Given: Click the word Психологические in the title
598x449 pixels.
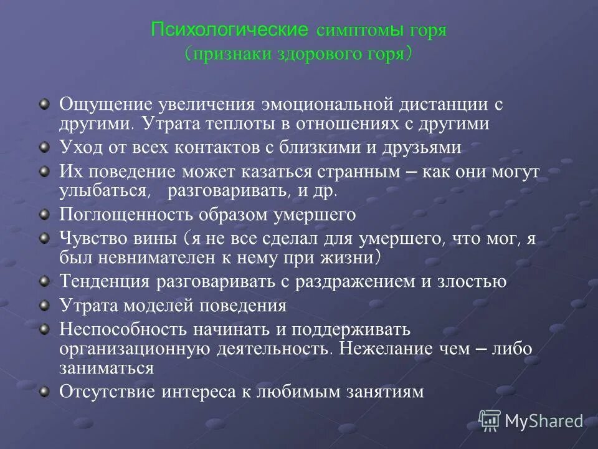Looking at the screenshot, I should coord(230,30).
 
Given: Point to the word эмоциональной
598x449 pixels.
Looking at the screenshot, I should coord(326,104).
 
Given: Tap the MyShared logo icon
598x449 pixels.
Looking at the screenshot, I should coord(490,421).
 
